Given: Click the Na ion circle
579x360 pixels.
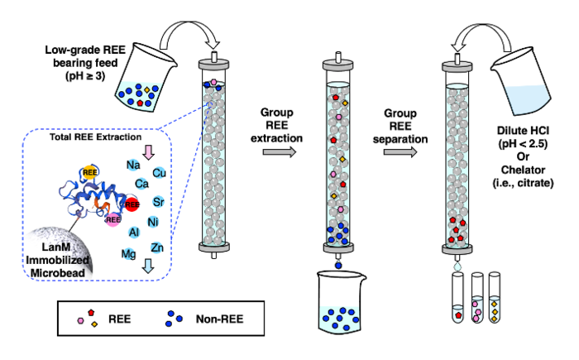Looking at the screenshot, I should click(x=132, y=165).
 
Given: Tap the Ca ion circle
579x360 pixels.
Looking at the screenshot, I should click(x=141, y=184).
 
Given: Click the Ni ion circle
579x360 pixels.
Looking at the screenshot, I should click(x=153, y=222).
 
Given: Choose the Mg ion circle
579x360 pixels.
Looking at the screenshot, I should click(x=129, y=253).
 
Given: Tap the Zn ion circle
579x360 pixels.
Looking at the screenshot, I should click(x=156, y=247).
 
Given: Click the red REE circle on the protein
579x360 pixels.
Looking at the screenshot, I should click(x=132, y=204).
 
